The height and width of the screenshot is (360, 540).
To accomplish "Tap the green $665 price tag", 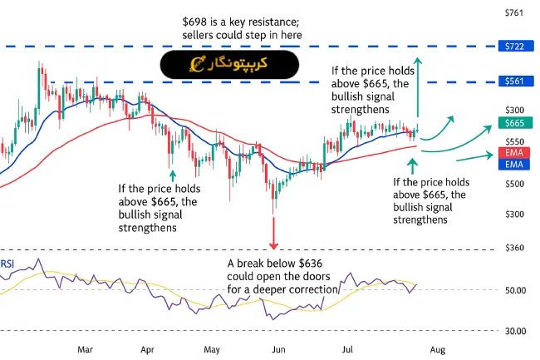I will [x=513, y=123].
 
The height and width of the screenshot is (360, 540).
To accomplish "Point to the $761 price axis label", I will [x=514, y=12].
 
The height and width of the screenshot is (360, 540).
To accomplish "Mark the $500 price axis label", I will [x=514, y=184].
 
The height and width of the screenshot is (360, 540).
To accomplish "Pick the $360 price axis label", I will [x=514, y=248].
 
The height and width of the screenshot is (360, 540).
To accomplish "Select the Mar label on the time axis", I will [x=85, y=350].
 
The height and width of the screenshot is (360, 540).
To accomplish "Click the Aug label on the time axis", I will [x=439, y=350].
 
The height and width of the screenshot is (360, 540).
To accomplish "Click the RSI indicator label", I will [x=7, y=264].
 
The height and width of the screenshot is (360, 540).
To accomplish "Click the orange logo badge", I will [x=229, y=63].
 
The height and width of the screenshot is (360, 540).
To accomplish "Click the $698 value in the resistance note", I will [x=195, y=20].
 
